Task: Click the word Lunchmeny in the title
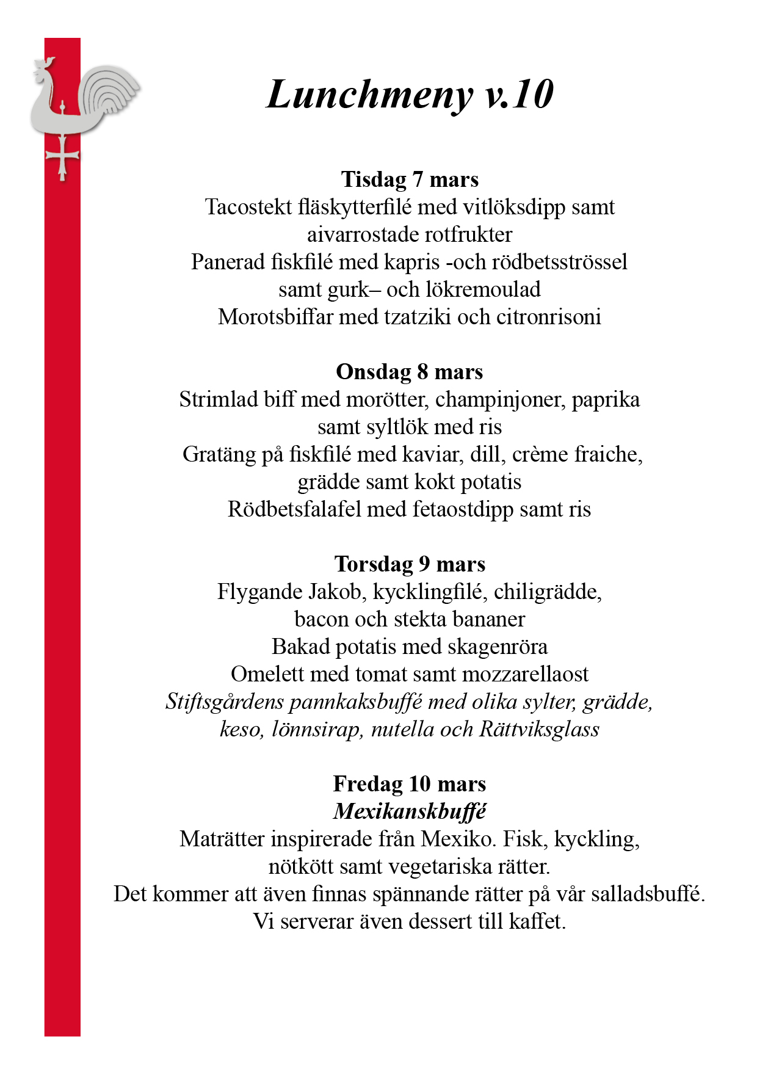[x=369, y=95]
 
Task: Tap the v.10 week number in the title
[x=519, y=95]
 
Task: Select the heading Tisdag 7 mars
[x=410, y=180]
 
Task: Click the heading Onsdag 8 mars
[x=410, y=372]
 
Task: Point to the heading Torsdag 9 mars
[x=410, y=564]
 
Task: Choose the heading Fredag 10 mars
[x=410, y=784]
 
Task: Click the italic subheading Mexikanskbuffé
[x=410, y=811]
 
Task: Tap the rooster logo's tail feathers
[x=113, y=92]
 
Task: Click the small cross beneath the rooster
[x=62, y=157]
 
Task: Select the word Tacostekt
[x=248, y=207]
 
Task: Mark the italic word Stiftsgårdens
[x=225, y=702]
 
